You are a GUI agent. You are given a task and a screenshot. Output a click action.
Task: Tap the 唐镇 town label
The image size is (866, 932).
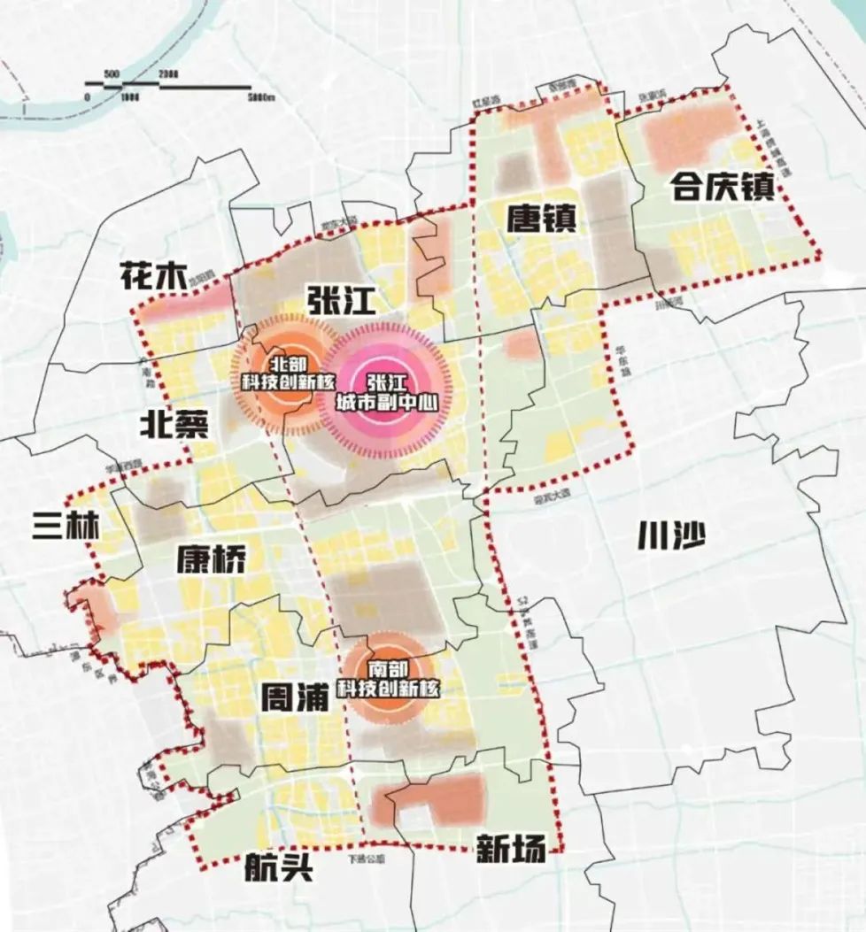[542, 217]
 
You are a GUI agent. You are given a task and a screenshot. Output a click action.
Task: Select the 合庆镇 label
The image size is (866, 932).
[723, 187]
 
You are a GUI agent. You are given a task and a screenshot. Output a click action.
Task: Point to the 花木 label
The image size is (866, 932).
[153, 277]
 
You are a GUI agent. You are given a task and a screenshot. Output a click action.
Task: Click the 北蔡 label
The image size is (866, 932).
[174, 426]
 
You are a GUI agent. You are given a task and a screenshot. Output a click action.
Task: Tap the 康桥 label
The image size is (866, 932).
[212, 558]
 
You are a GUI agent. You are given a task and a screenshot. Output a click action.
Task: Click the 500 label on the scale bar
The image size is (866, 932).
[112, 72]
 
